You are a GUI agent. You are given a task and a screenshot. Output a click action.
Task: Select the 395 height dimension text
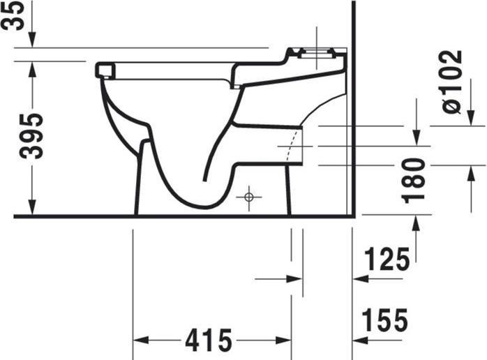(x=31, y=135)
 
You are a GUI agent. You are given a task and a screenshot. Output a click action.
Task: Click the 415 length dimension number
(x=208, y=340)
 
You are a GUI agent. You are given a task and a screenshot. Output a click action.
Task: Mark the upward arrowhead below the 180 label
(x=416, y=222)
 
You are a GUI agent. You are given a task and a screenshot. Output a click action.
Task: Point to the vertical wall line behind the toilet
(x=354, y=105)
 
